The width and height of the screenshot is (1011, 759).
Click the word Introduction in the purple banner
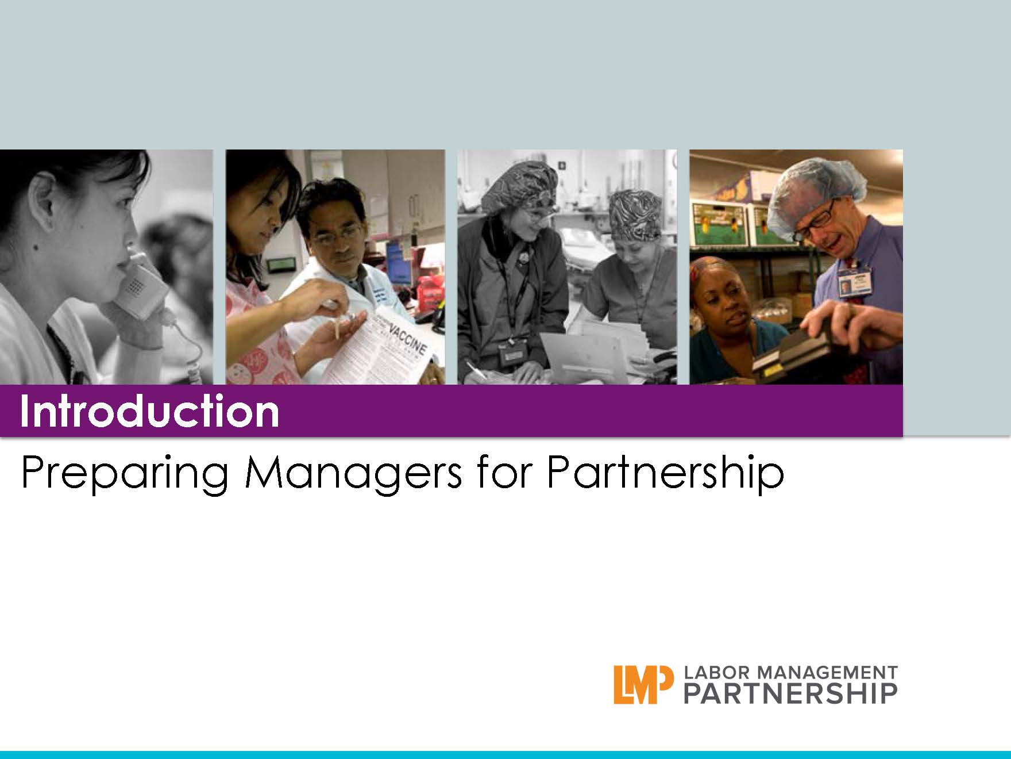tap(149, 411)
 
